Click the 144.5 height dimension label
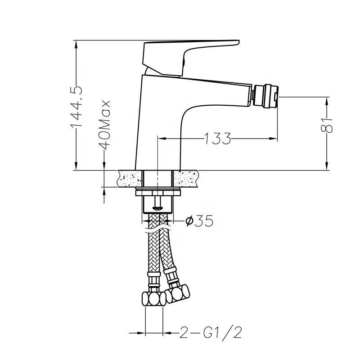pos(77,106)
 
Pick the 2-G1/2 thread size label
pos(211,333)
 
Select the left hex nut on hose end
pos(153,298)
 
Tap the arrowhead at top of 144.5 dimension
pos(77,43)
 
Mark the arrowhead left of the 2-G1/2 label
pos(141,333)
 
